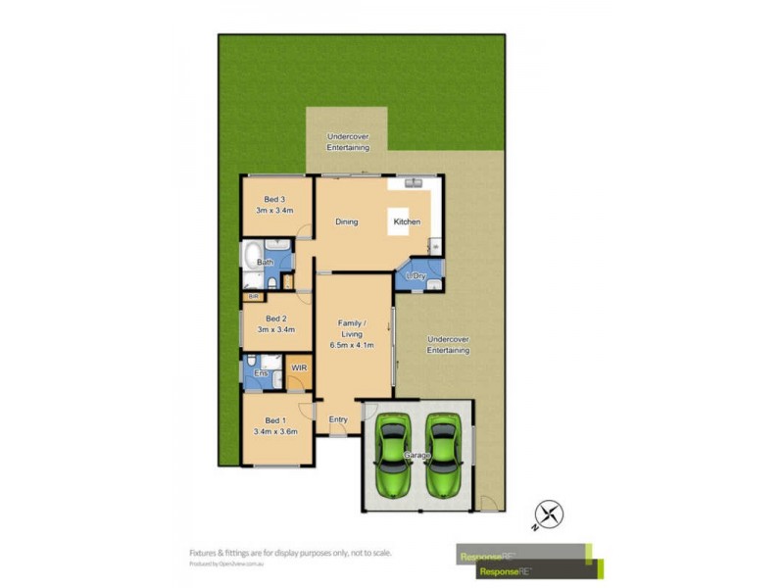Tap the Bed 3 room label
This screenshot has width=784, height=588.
coord(274,205)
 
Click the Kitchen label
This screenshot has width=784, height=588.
coord(407,221)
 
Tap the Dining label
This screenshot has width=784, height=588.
coord(346,221)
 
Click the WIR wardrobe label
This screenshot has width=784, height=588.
coord(300,367)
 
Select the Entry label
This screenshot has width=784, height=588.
coord(338,419)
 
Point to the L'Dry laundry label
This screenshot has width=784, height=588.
coord(416,276)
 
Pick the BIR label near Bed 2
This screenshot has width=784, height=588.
coord(253,296)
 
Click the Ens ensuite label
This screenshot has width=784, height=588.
coord(261,373)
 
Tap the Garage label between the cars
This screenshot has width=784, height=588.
coord(418,455)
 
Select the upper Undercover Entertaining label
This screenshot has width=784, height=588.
coord(348,141)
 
